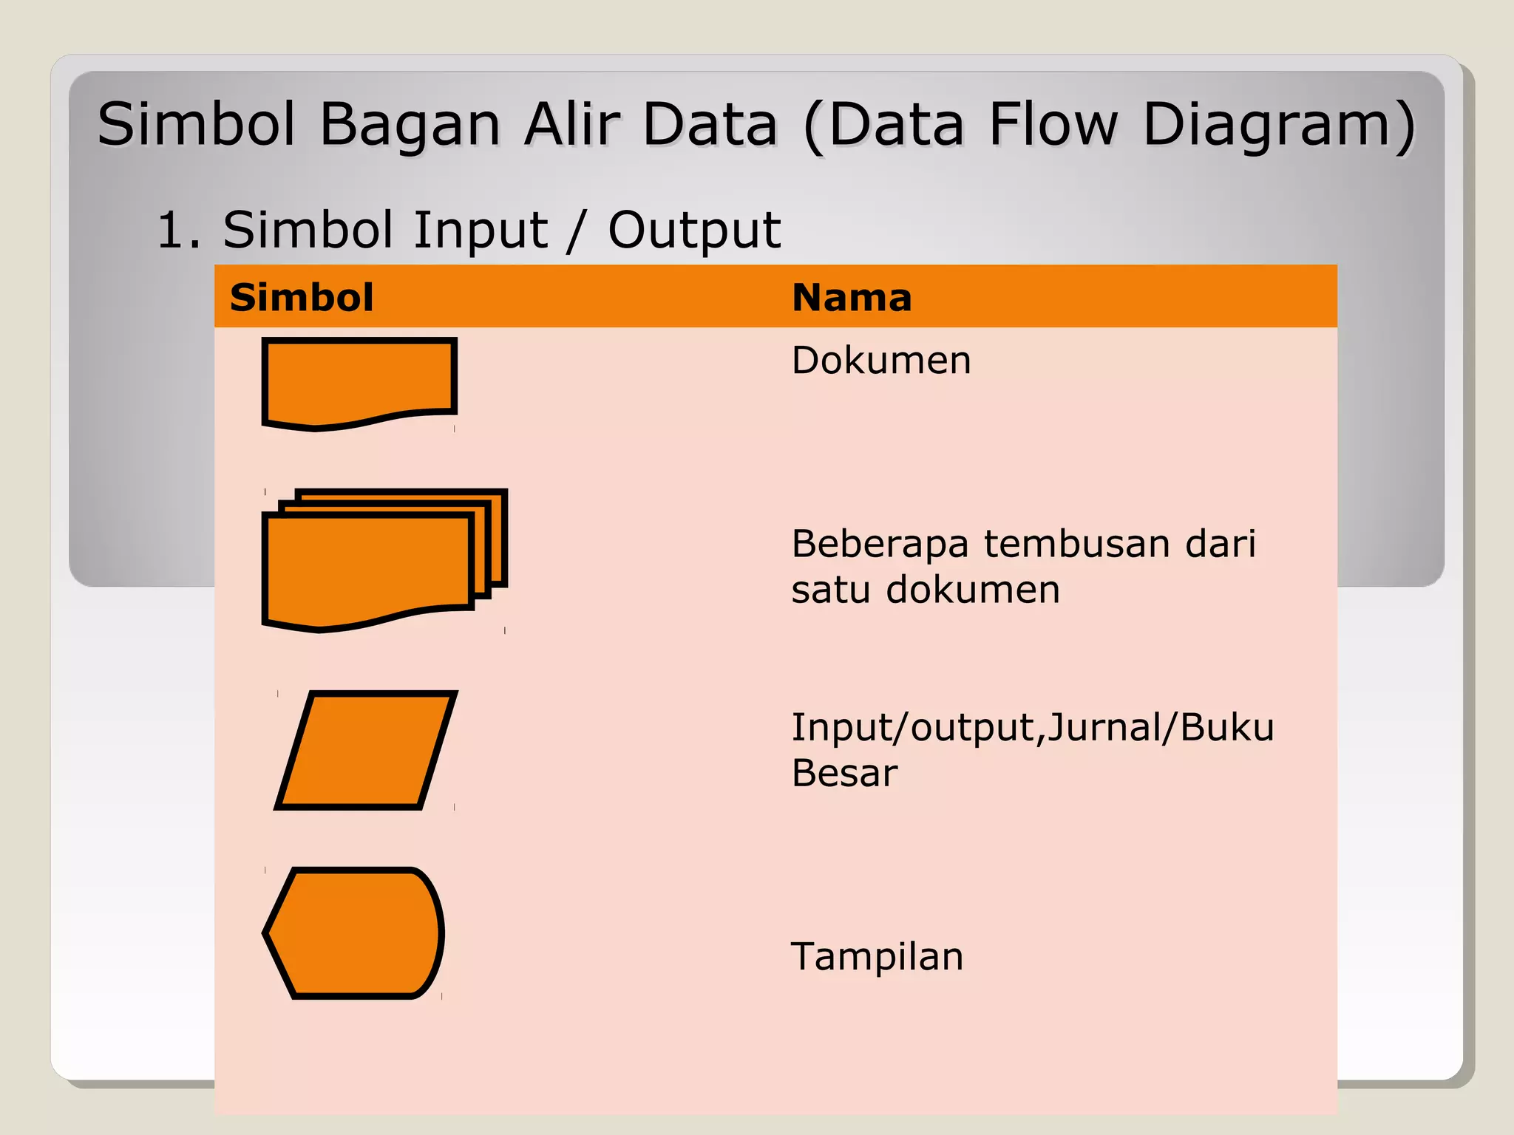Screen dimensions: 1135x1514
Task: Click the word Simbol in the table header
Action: (302, 298)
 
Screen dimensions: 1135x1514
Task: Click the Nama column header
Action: (851, 298)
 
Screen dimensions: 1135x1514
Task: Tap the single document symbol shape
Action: (359, 380)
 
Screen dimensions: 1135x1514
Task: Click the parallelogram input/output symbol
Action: (366, 750)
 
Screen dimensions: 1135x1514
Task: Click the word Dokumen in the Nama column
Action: (880, 361)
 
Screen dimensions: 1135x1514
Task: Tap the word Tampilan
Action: (877, 956)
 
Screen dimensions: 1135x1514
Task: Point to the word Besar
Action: (844, 773)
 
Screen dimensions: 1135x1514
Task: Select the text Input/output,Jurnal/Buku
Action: (1032, 727)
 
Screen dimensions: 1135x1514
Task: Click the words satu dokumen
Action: (926, 590)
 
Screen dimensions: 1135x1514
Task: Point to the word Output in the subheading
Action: (693, 230)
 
